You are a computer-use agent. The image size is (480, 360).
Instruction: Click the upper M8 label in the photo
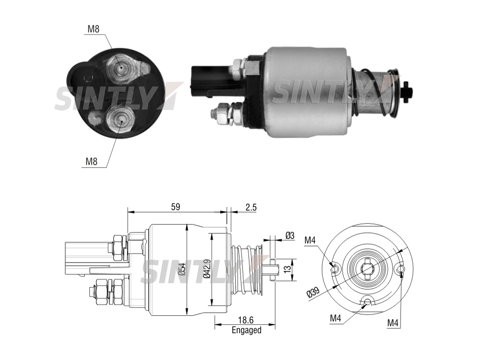93,29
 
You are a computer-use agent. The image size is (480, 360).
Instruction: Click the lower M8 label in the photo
91,161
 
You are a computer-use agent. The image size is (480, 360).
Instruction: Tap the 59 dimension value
176,207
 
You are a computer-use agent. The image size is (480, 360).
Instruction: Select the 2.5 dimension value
251,207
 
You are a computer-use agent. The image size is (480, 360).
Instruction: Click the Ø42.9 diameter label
207,268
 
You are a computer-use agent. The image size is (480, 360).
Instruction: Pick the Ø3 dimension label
289,235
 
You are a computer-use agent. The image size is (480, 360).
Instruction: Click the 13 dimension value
287,270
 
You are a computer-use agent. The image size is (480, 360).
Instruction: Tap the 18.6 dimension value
246,320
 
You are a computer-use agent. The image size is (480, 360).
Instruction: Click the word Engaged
247,330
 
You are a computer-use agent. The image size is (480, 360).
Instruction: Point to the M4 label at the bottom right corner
393,323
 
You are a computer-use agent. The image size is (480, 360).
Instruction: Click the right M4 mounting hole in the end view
401,269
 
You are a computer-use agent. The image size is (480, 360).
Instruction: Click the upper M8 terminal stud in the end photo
120,68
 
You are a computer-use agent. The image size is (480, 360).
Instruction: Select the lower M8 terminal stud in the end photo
121,120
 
